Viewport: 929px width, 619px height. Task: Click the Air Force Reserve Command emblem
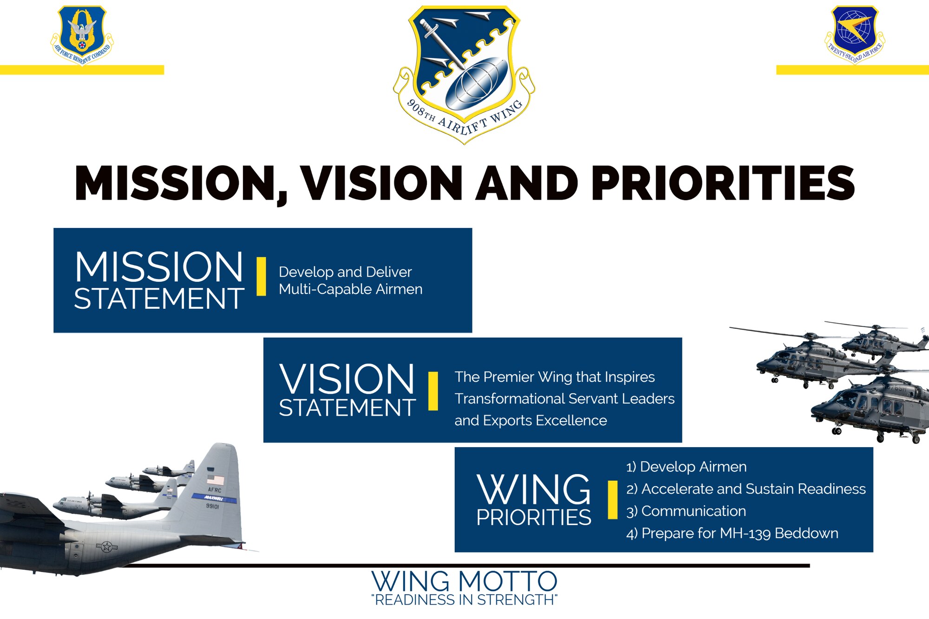point(82,35)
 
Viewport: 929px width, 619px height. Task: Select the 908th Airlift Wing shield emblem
point(464,74)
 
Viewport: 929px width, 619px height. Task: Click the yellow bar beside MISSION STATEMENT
point(262,276)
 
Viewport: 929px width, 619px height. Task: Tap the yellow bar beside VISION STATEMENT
point(433,391)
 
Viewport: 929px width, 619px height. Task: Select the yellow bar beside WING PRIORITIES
point(613,500)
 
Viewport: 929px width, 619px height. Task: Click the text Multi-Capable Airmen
point(351,289)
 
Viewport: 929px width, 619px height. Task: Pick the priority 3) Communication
point(686,511)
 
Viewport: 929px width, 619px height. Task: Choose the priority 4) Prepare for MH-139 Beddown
point(732,534)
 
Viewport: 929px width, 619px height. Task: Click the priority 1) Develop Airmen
point(687,467)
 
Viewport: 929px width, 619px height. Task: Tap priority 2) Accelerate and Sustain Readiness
point(746,489)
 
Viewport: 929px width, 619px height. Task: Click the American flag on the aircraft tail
point(216,480)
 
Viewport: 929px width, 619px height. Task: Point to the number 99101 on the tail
point(212,506)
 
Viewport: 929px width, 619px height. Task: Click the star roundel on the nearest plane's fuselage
point(107,547)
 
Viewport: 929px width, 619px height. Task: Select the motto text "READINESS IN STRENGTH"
point(464,600)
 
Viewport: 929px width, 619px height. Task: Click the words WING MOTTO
point(464,581)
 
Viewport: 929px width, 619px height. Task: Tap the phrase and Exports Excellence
point(530,421)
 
